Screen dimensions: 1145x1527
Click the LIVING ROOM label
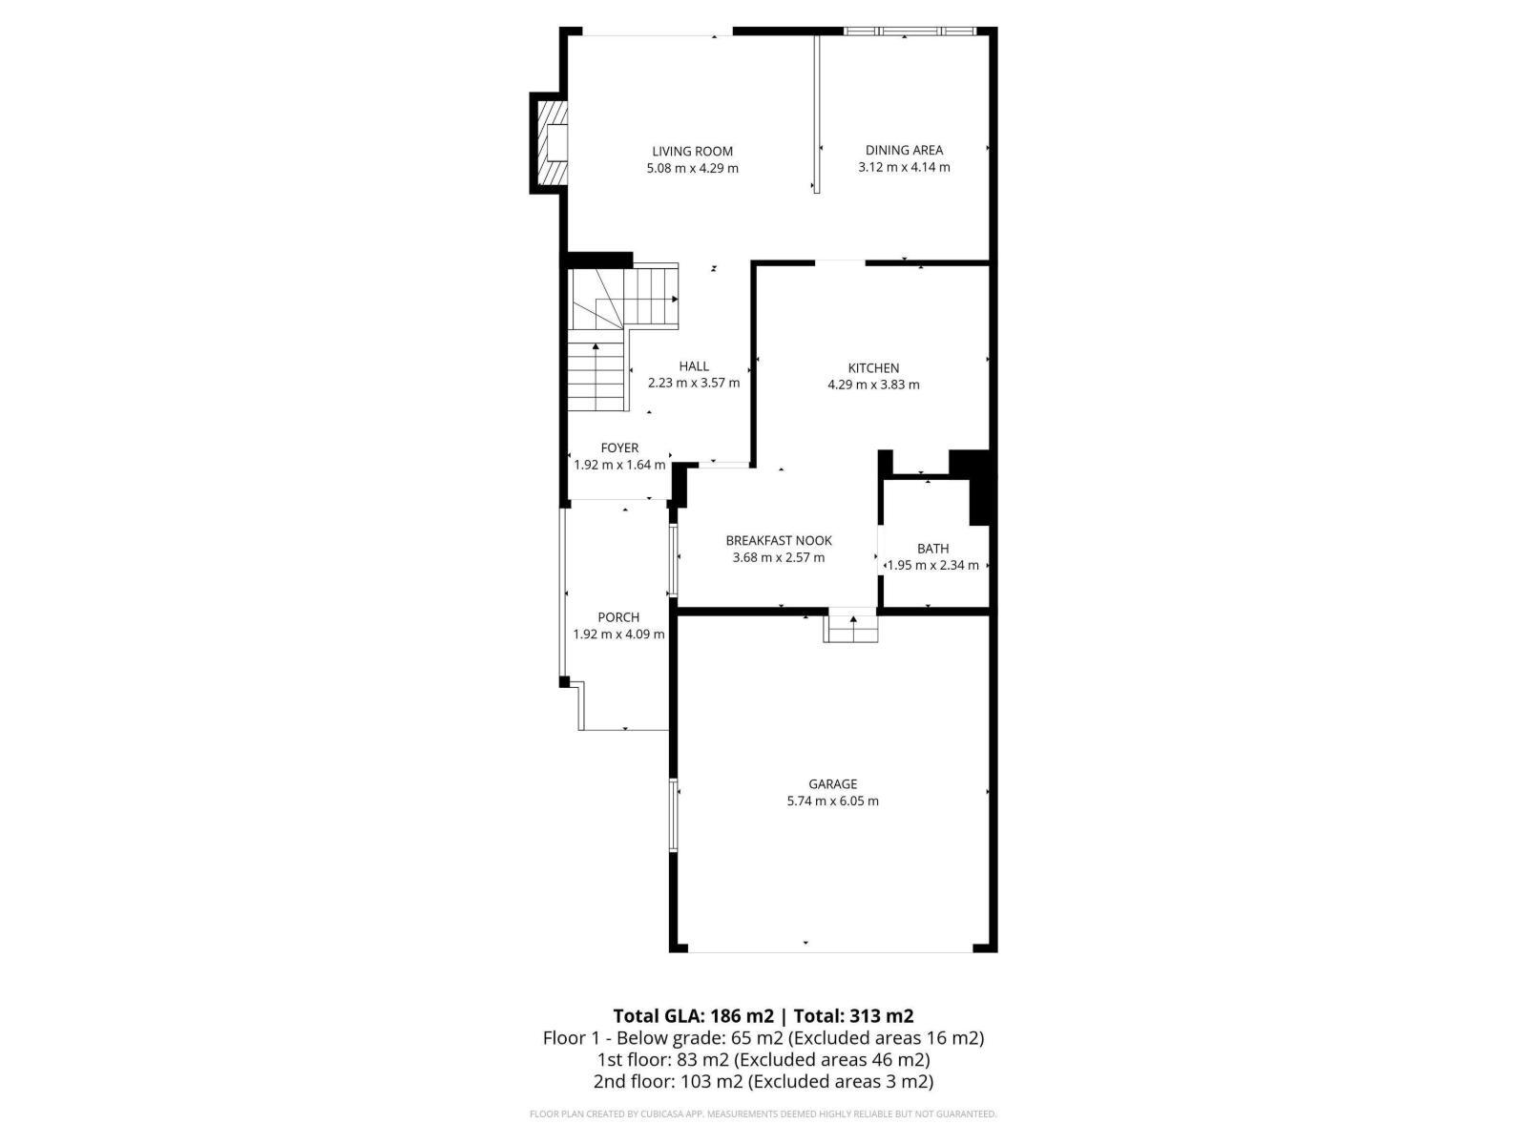pos(692,151)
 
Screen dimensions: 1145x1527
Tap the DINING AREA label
pos(904,150)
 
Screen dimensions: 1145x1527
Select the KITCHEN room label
pos(873,368)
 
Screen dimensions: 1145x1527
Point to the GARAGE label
pos(833,784)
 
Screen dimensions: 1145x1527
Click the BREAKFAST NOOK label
pos(779,541)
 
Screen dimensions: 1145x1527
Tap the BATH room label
pos(932,549)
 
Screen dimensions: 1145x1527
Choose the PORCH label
pos(618,617)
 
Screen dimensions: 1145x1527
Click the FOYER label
pos(619,448)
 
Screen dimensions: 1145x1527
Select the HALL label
pos(694,366)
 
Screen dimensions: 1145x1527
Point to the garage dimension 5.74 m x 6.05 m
pos(833,801)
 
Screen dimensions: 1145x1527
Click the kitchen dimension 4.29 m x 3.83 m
pos(873,385)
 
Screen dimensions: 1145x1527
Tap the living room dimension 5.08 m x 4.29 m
pos(692,168)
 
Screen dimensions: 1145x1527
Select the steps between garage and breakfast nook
pos(850,627)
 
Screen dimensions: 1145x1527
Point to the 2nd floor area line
pos(763,1081)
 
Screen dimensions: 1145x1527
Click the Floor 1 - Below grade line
pos(763,1038)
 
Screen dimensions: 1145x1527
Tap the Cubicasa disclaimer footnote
pos(763,1114)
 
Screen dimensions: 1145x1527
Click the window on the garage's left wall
pos(673,815)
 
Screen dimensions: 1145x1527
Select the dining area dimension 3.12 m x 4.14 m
pos(904,167)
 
